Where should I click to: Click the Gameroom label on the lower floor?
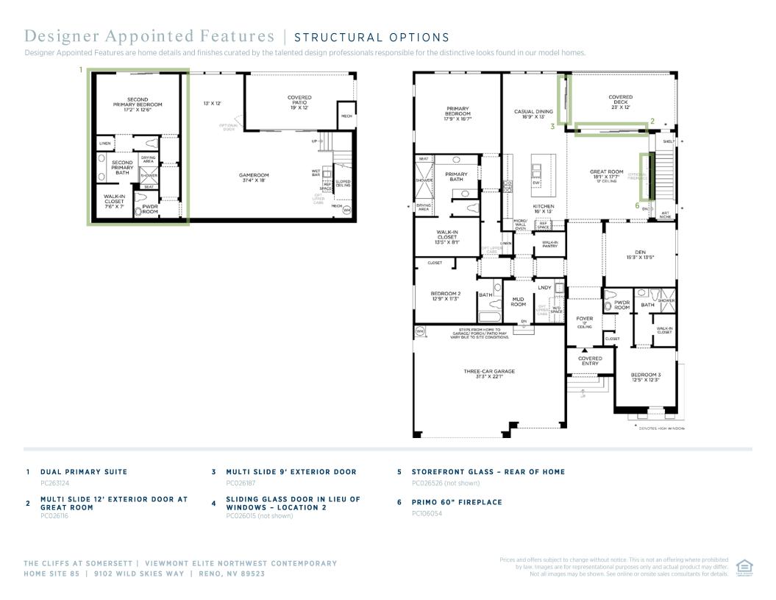(x=252, y=177)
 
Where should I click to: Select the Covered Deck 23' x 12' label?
(x=620, y=102)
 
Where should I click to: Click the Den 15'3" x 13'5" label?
(x=640, y=255)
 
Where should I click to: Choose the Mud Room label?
(x=518, y=302)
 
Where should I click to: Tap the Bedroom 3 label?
(x=645, y=377)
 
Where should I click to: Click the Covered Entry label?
(x=590, y=361)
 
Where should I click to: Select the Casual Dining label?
(x=533, y=114)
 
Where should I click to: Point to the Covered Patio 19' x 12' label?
(x=299, y=102)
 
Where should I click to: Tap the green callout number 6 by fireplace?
(x=637, y=206)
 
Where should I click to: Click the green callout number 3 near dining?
(x=552, y=126)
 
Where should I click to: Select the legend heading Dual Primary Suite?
(x=84, y=472)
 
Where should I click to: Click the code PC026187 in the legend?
(x=241, y=484)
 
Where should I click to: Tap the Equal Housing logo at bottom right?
(x=744, y=568)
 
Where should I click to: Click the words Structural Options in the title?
(x=371, y=38)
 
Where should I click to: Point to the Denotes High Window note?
(x=661, y=428)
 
